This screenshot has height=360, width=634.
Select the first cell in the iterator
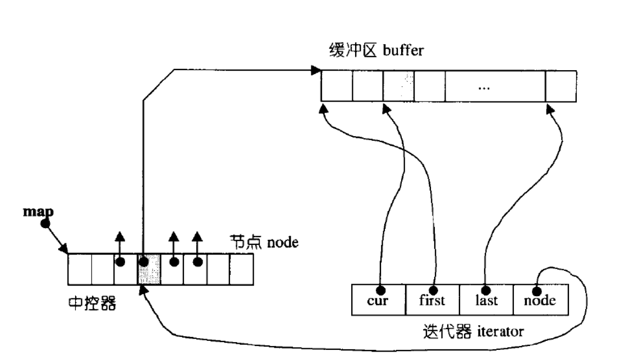pyautogui.click(x=432, y=301)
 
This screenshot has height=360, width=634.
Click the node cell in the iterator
pyautogui.click(x=540, y=301)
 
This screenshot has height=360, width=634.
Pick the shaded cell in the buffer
pyautogui.click(x=399, y=86)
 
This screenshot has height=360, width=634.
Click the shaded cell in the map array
pyautogui.click(x=149, y=268)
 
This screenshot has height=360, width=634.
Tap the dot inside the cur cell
pyautogui.click(x=380, y=291)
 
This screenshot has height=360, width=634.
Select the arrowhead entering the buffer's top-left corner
pyautogui.click(x=316, y=70)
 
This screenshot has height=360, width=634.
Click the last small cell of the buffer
pyautogui.click(x=561, y=86)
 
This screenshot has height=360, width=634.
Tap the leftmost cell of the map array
pyautogui.click(x=80, y=268)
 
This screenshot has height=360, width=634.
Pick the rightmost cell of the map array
pyautogui.click(x=242, y=268)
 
